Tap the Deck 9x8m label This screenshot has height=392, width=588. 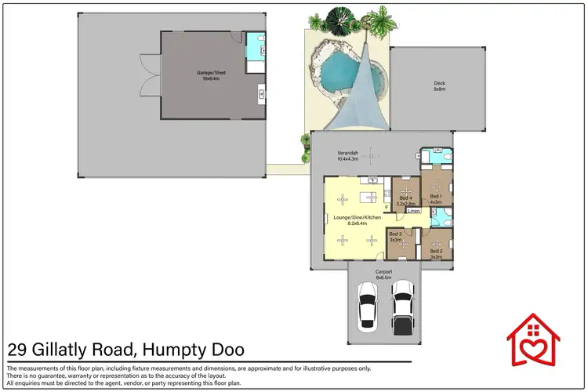(x=439, y=86)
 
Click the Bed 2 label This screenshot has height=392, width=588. (x=437, y=253)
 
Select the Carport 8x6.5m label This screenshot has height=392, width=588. (x=383, y=274)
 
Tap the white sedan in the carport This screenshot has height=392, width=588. (x=366, y=303)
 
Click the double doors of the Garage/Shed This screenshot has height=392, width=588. (x=146, y=74)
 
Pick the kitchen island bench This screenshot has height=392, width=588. (x=366, y=195)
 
